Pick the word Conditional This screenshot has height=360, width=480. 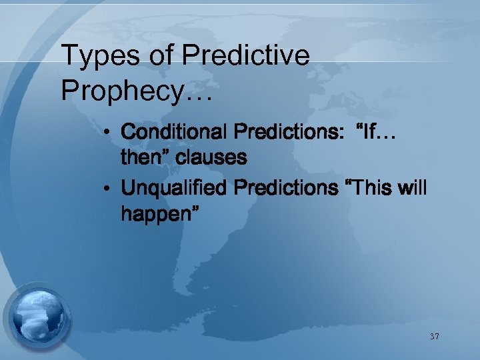point(174,132)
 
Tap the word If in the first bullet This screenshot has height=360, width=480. point(373,132)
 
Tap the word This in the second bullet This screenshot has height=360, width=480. point(374,189)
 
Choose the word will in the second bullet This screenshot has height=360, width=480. point(413,189)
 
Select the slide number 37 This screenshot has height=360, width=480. point(434,337)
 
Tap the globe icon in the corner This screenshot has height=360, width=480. point(39,315)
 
